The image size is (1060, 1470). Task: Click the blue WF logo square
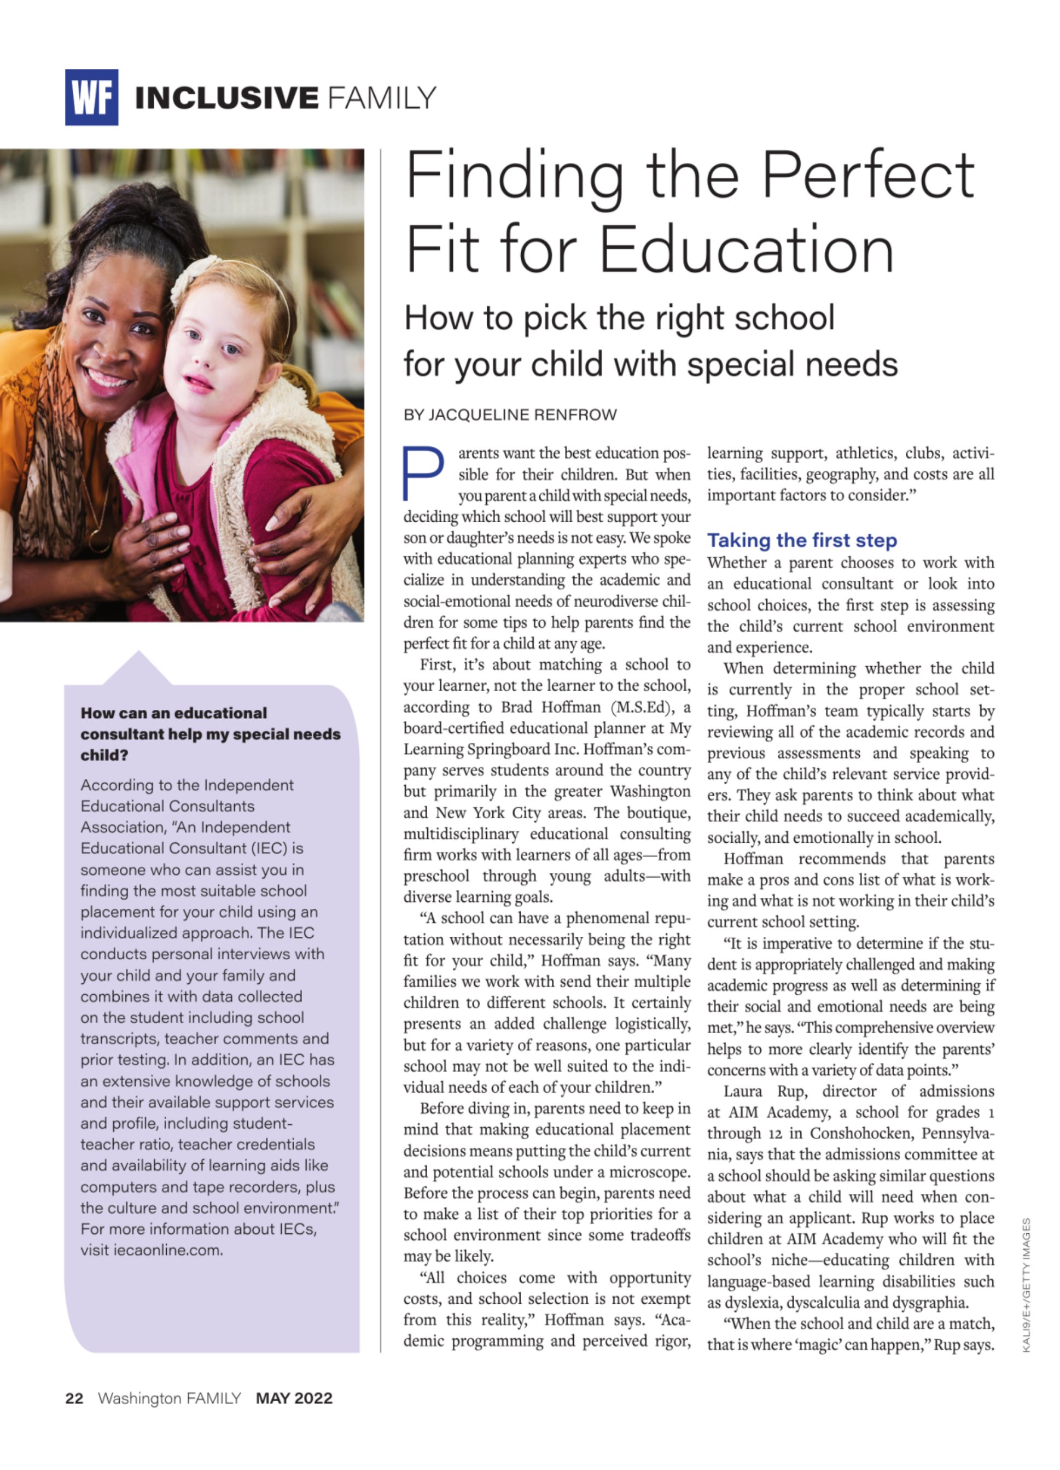click(x=91, y=97)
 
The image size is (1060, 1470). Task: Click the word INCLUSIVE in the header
click(x=226, y=98)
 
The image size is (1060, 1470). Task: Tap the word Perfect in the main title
click(x=867, y=175)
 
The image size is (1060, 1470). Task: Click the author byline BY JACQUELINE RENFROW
click(x=510, y=415)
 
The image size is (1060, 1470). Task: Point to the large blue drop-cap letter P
click(x=423, y=472)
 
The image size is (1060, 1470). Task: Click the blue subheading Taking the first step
click(x=802, y=540)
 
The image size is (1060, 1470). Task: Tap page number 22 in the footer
click(x=74, y=1398)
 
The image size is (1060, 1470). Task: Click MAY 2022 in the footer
click(x=294, y=1398)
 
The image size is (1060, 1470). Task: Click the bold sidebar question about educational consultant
click(x=210, y=734)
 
